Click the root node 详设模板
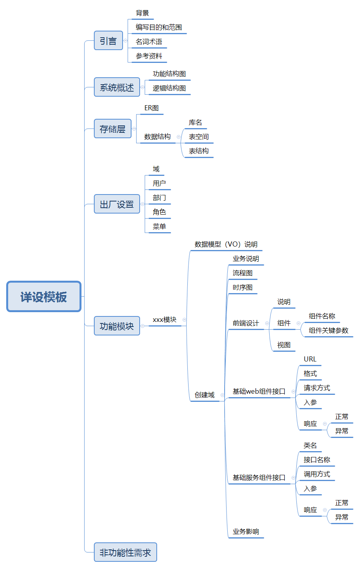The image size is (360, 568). point(44,297)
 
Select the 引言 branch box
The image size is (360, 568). point(108,41)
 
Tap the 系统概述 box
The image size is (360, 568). point(117,87)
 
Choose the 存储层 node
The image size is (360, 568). point(112,129)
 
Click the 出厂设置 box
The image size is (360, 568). point(117,204)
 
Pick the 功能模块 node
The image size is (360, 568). point(117,326)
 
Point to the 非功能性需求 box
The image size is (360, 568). point(125,552)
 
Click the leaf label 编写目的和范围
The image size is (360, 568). point(159,27)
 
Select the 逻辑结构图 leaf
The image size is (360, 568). point(169,88)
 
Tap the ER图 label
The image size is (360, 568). point(151,108)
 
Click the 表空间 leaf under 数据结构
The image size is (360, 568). point(199,137)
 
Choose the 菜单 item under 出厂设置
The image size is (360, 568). point(159,226)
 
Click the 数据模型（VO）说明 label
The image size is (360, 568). point(226,244)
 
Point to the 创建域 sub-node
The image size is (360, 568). point(204,395)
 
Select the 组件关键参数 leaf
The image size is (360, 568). point(328,330)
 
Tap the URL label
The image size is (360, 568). point(310,359)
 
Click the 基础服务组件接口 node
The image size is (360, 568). point(259,478)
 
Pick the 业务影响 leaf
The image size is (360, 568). point(246,532)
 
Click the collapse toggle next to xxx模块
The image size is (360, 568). point(184,320)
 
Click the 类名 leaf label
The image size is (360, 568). point(310,445)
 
